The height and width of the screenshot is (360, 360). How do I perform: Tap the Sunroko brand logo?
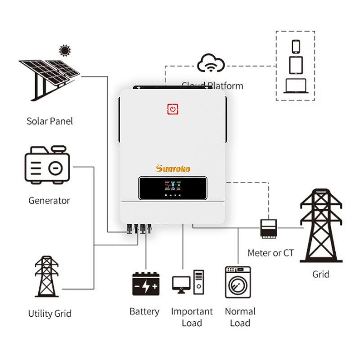[x=173, y=168]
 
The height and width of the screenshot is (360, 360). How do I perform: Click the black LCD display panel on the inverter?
[x=173, y=188]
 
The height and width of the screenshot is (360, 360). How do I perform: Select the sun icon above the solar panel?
[x=65, y=50]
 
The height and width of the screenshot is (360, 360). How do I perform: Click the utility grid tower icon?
[x=47, y=276]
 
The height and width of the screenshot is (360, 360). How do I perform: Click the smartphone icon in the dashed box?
[x=296, y=46]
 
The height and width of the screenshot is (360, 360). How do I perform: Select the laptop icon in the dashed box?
[x=295, y=86]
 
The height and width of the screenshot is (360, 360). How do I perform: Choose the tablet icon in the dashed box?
[x=296, y=65]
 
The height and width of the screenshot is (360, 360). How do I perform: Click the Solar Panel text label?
[x=49, y=121]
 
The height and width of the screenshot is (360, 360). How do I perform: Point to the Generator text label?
[x=49, y=200]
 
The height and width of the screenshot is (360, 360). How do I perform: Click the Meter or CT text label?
[x=270, y=253]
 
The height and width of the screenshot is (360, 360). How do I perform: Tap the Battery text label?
[x=144, y=311]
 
